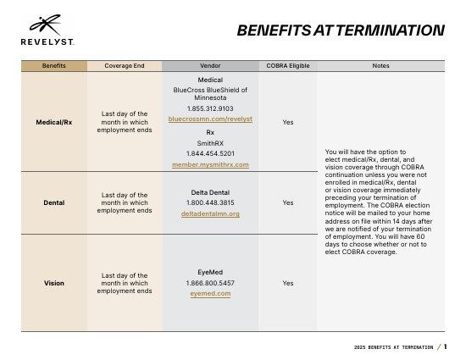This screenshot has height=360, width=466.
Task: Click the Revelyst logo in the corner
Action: pos(47,30)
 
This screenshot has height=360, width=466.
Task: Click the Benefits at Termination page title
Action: pos(341,30)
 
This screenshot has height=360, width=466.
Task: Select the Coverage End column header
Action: pos(125,65)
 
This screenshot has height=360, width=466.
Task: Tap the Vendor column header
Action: pos(210,65)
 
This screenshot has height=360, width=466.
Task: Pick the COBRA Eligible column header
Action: pos(288,65)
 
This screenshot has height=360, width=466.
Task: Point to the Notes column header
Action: pos(380,65)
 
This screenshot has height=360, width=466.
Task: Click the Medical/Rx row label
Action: pos(53,122)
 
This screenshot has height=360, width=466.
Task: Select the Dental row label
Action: pos(53,203)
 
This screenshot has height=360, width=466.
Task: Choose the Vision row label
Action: pos(53,283)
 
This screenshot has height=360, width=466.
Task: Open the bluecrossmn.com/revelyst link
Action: pos(210,119)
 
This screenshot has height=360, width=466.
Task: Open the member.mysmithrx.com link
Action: pos(210,164)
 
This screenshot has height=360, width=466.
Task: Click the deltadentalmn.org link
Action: pos(210,213)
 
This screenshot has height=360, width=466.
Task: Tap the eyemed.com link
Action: pos(210,293)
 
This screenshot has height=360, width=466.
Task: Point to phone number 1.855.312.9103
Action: pos(210,108)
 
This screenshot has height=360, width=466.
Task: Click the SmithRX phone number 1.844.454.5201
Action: pos(210,153)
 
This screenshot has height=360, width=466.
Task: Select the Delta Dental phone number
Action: pos(210,202)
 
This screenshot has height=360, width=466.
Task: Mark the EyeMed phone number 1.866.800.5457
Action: pos(210,283)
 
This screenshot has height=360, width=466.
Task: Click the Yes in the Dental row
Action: pos(288,203)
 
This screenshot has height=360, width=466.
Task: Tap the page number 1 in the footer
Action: pos(445,346)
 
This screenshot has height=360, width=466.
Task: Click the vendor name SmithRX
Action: pos(210,143)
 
